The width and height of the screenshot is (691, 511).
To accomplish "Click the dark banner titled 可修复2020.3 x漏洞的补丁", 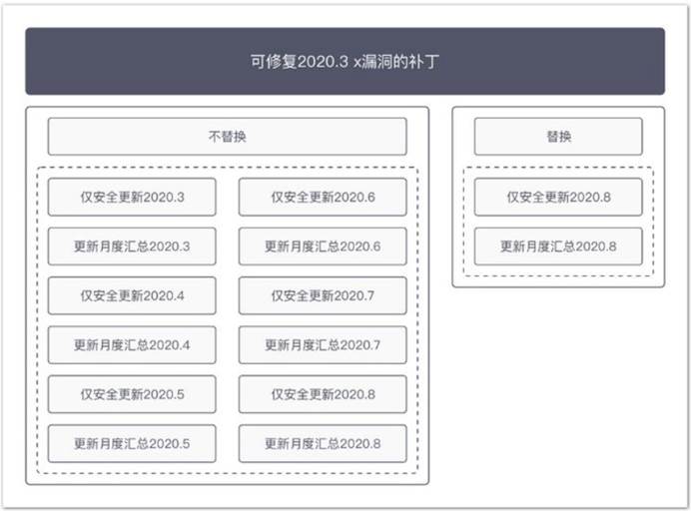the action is (x=345, y=61).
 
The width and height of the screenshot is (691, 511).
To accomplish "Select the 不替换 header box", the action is (x=228, y=137).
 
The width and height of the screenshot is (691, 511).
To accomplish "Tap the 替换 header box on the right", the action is (x=558, y=137).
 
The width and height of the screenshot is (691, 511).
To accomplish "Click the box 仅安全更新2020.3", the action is (x=132, y=197).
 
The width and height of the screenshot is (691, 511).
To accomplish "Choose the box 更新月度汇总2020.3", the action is (x=132, y=247).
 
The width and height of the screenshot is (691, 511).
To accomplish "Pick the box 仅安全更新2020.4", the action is (x=132, y=295).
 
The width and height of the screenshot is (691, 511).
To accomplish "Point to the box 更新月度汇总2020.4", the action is (x=132, y=345).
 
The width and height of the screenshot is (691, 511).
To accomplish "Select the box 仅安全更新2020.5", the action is (x=132, y=394).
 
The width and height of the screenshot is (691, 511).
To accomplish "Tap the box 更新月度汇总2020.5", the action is (x=132, y=443).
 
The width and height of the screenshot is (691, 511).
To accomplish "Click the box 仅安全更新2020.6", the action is (x=323, y=197).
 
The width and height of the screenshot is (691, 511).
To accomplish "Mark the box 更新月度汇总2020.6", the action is (x=323, y=247).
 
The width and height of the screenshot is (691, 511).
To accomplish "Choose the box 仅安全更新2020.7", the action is (x=323, y=295).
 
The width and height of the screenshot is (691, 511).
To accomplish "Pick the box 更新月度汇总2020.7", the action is (x=323, y=345).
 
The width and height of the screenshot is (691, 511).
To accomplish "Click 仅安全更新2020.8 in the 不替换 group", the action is (x=323, y=394).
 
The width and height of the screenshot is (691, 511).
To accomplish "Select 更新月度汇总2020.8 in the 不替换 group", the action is (x=323, y=443).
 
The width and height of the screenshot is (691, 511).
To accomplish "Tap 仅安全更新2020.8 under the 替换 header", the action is (x=558, y=197).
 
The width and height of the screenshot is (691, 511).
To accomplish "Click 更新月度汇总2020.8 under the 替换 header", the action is (x=558, y=247).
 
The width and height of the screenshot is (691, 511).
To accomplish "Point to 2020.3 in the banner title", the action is (x=323, y=62).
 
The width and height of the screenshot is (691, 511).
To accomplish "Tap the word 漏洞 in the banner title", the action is (x=376, y=62).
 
